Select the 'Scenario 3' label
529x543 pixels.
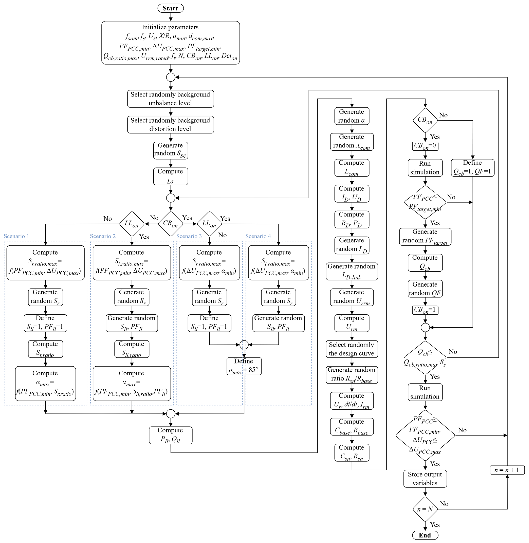pos(189,236)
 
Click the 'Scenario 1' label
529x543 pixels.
pos(16,236)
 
